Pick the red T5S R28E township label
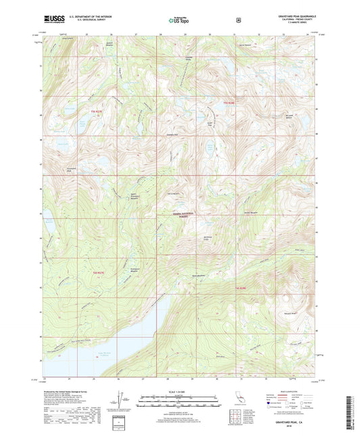228,102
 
